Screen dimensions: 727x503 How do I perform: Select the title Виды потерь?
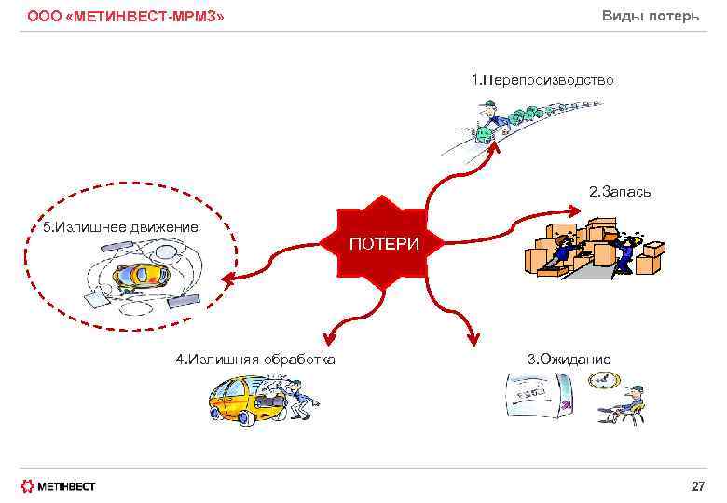tap(651, 16)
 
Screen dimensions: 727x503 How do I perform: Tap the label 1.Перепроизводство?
tap(542, 80)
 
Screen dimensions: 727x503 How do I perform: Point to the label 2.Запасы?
tap(621, 191)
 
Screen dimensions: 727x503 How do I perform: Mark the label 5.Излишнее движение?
tap(120, 227)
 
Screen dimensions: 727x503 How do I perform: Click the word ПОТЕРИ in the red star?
tap(384, 244)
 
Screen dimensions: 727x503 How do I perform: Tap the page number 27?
tap(697, 486)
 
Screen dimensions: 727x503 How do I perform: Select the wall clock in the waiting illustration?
tap(603, 379)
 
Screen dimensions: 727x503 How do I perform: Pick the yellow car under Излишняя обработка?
tap(240, 401)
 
